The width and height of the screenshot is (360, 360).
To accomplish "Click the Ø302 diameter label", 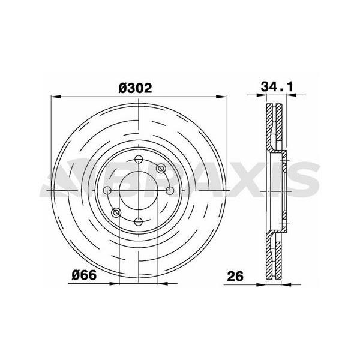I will point(134,88).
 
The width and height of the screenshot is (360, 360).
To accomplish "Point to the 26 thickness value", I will point(235,277).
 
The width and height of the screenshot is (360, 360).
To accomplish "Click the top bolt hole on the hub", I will point(139,160).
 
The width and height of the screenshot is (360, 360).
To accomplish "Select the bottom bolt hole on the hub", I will point(139,221).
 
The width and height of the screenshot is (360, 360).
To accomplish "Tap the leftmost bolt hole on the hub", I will point(107,191).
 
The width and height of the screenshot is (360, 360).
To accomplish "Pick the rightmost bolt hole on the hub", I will point(170,191).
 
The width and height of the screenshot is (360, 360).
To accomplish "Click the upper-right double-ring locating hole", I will point(160,169).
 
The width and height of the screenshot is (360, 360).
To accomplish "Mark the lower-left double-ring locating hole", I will point(116,212).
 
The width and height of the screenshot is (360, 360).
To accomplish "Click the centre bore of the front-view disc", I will point(139,191).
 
